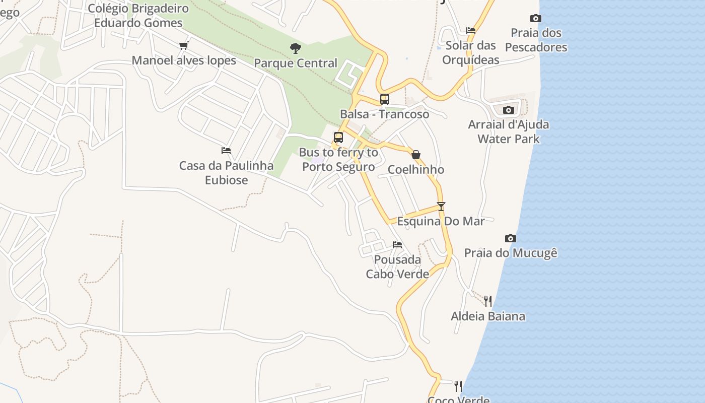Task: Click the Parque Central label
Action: (296, 63)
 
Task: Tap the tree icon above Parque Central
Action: (296, 48)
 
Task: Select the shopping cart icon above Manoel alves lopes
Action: (184, 46)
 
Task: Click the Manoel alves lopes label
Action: (184, 60)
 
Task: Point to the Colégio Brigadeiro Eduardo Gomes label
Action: (138, 16)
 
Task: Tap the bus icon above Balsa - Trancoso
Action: (385, 99)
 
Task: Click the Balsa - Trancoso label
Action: (385, 114)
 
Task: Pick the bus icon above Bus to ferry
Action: (338, 138)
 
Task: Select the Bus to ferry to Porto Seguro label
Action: (338, 159)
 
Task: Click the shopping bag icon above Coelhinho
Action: (416, 155)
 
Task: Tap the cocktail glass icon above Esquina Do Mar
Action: (441, 206)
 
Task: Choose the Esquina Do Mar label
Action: (441, 221)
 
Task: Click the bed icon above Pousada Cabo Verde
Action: (397, 245)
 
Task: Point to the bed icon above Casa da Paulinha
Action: (226, 151)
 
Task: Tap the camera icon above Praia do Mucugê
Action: (511, 238)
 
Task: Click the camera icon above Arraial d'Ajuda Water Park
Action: (509, 110)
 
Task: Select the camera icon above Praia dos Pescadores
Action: (536, 19)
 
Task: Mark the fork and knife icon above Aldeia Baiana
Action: (488, 301)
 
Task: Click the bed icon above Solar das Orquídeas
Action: (471, 31)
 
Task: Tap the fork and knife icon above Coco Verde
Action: (458, 386)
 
